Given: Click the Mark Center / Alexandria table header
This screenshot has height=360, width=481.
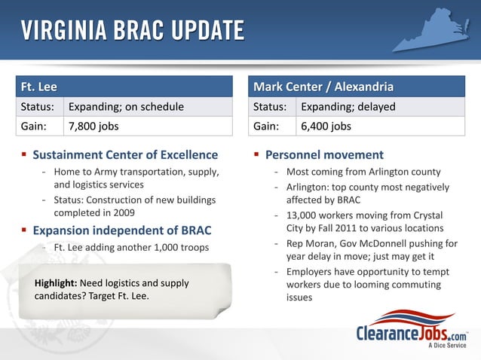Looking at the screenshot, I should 323,87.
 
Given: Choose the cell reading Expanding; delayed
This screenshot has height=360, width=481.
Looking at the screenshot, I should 348,107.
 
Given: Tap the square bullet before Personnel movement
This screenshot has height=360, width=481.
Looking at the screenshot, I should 257,155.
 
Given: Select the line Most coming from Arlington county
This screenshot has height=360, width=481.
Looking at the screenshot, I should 363,172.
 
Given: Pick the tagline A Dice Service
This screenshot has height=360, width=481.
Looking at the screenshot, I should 448,346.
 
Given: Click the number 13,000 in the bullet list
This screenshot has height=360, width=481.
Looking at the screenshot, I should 302,215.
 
